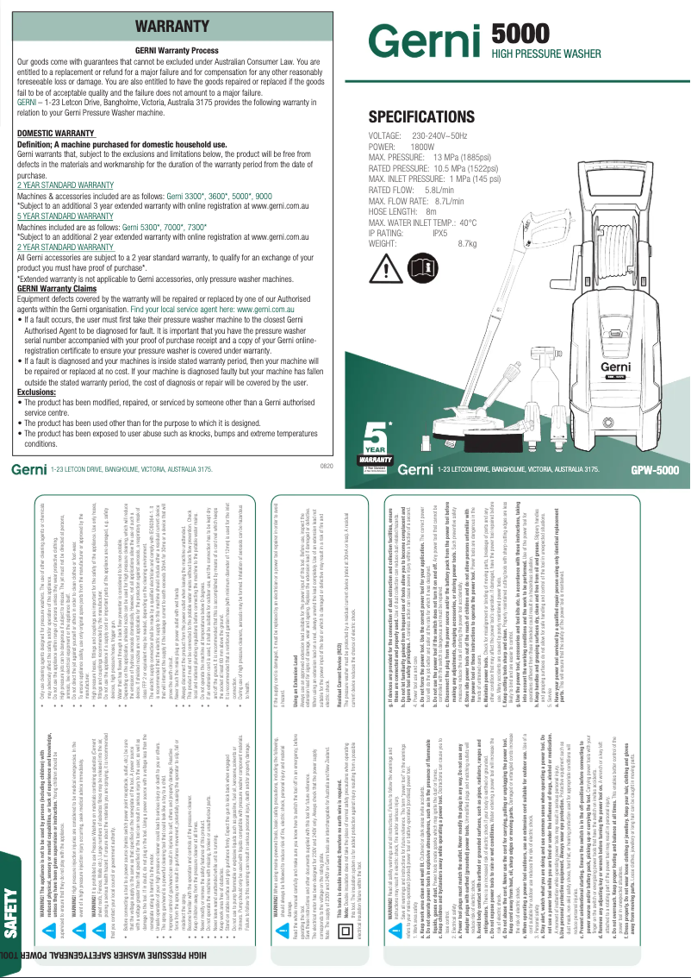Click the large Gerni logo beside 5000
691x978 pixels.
point(426,41)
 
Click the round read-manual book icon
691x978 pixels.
point(422,272)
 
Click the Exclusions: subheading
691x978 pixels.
point(37,391)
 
